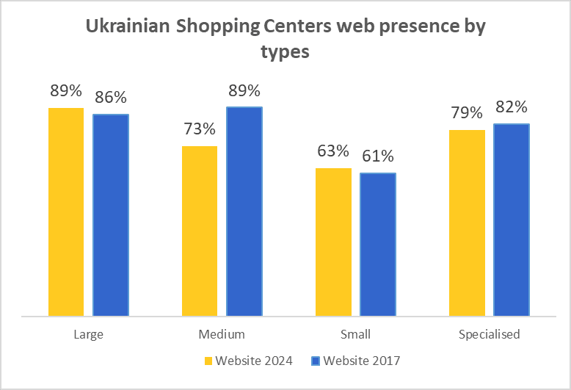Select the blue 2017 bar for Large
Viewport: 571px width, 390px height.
click(x=111, y=214)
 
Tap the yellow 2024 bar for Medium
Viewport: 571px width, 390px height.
click(x=200, y=231)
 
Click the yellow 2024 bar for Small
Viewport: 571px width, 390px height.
click(x=333, y=242)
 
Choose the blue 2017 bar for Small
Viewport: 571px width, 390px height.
click(x=378, y=244)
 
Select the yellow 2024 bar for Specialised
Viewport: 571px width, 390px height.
click(x=467, y=223)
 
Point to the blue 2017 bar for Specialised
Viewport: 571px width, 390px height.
click(x=512, y=220)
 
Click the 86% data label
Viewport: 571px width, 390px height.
click(x=110, y=98)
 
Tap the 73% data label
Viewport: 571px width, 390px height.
click(x=200, y=129)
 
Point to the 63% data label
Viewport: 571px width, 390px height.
click(x=333, y=151)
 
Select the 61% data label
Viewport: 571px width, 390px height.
click(x=378, y=156)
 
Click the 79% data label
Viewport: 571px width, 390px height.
click(x=467, y=113)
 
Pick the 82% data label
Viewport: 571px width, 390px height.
click(x=512, y=107)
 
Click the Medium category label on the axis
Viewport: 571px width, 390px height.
click(x=222, y=335)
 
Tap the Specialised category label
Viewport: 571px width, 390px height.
click(x=489, y=335)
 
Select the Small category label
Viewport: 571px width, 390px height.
click(x=355, y=335)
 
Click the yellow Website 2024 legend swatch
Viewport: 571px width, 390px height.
click(x=208, y=361)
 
